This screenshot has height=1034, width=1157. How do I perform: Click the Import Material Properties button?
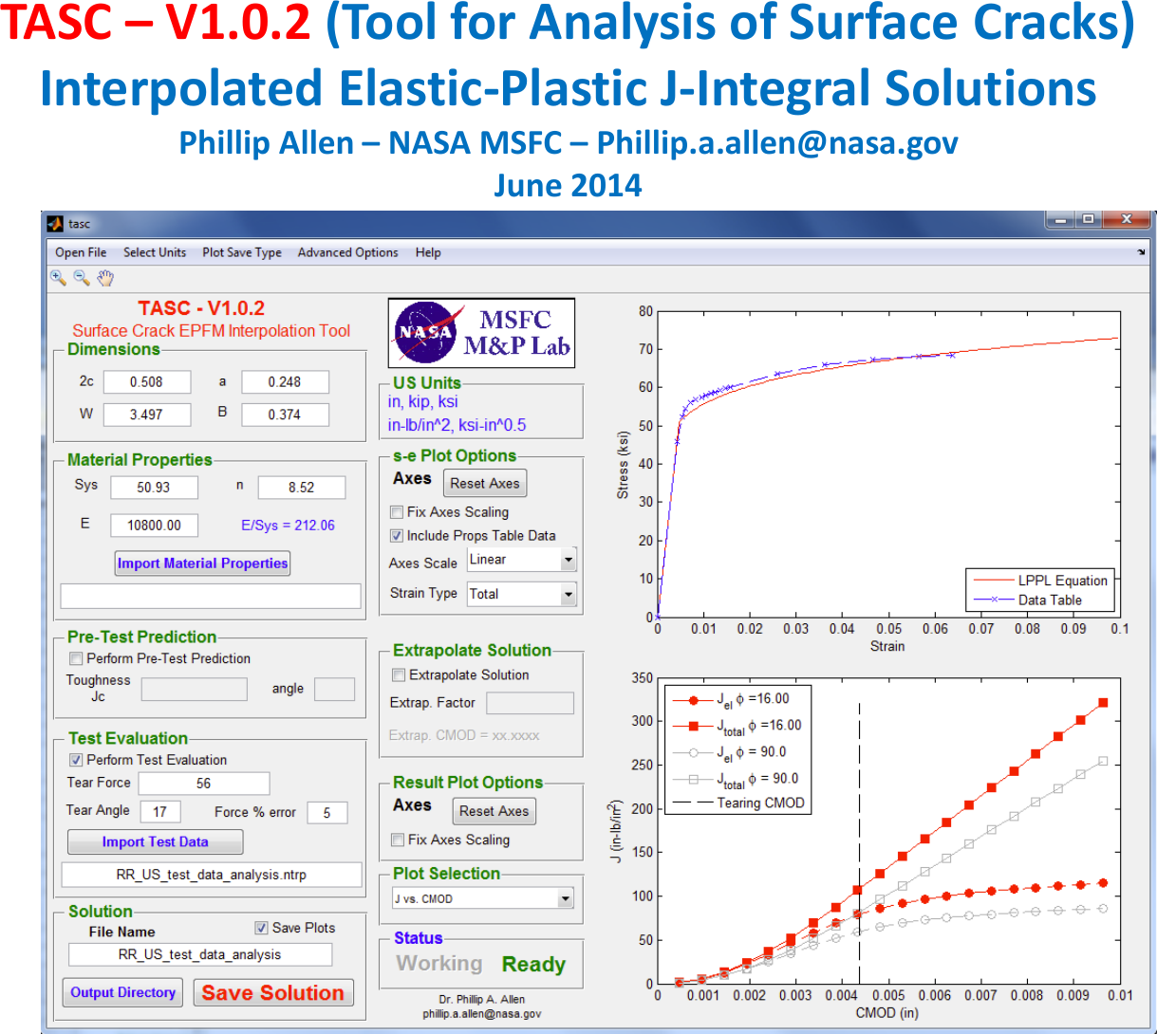202,563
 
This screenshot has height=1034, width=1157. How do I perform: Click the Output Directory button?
123,993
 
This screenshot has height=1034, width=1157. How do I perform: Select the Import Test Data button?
155,842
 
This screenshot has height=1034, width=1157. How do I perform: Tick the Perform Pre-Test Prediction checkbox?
76,658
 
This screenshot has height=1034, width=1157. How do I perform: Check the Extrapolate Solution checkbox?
399,675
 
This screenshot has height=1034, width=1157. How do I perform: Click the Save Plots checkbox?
261,928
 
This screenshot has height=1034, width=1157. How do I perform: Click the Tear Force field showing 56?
204,784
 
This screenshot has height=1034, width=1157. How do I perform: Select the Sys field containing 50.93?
154,488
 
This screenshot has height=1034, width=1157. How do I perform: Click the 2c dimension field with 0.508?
146,382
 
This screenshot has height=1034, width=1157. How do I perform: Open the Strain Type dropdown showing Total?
522,594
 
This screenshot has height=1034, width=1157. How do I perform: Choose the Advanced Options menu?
347,252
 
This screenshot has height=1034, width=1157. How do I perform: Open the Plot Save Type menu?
241,252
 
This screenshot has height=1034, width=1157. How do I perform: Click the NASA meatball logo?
425,332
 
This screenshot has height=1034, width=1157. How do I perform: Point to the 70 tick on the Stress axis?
645,349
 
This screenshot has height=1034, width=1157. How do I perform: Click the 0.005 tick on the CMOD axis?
888,996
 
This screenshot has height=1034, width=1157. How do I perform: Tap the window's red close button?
1126,220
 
